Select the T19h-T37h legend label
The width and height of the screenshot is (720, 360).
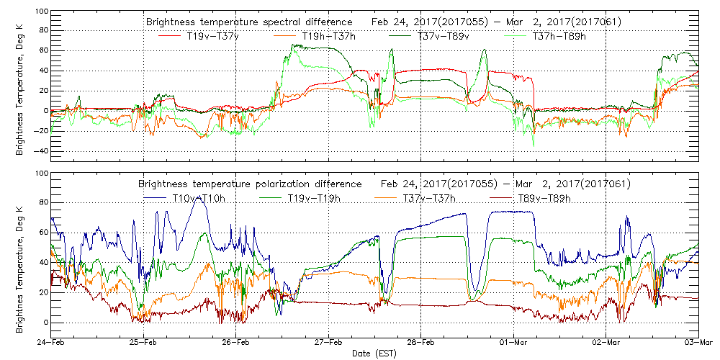[x=317, y=35]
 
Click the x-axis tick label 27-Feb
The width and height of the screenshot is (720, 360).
[x=328, y=343]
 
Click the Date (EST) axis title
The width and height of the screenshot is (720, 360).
[x=374, y=354]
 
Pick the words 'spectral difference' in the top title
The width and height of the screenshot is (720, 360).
[x=311, y=22]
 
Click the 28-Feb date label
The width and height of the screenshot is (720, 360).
[x=421, y=343]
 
